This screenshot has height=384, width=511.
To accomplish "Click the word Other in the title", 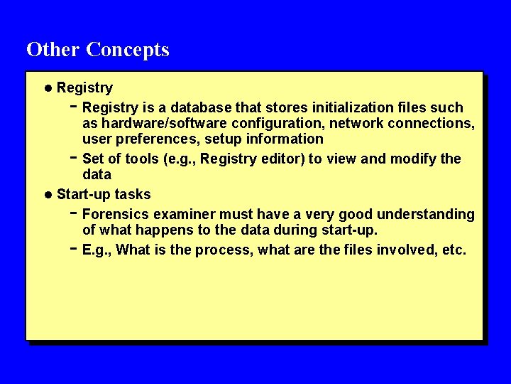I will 53,50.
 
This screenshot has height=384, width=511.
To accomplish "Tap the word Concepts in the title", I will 128,50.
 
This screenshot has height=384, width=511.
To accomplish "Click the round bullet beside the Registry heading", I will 48,88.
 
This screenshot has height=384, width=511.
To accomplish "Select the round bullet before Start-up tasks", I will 48,195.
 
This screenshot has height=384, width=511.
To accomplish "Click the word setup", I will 223,139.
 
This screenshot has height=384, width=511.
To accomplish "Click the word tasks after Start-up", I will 133,195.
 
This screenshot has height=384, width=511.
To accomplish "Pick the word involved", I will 410,250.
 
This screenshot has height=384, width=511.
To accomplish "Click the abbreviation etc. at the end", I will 454,250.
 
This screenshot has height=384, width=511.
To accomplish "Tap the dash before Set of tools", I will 74,156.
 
